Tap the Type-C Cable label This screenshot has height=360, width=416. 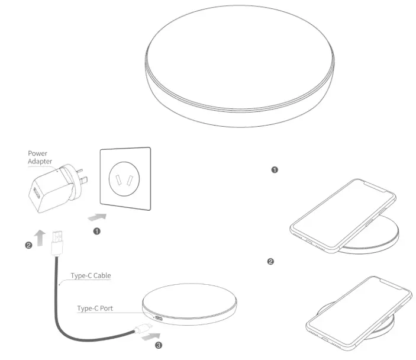coord(91,275)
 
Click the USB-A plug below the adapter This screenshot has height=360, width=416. coord(58,241)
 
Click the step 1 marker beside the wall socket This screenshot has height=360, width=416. coord(96,232)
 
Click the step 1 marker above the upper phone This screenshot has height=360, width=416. coord(274,169)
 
